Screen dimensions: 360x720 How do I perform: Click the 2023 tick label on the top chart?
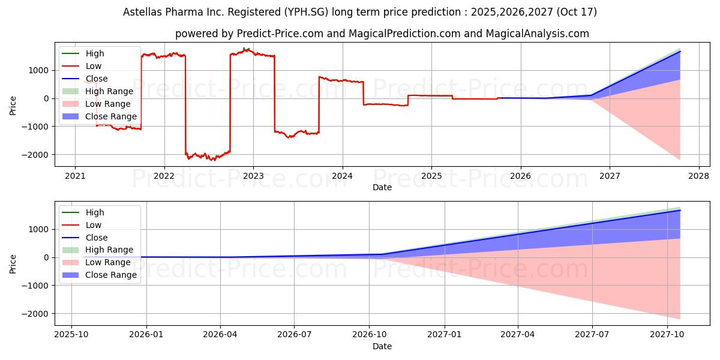[253, 176]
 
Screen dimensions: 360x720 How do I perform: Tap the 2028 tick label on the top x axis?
[699, 176]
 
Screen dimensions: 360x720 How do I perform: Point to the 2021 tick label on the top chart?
[75, 176]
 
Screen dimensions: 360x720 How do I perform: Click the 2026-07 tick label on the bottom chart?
[295, 335]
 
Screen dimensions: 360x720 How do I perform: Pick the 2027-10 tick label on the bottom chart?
[667, 335]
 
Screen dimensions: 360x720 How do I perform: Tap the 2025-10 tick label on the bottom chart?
[71, 335]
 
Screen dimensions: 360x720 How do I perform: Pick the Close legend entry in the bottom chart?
[97, 238]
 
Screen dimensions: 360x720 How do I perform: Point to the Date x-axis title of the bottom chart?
[382, 346]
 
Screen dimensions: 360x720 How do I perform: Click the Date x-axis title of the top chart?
[382, 187]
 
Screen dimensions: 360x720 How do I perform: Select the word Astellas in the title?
[142, 12]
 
